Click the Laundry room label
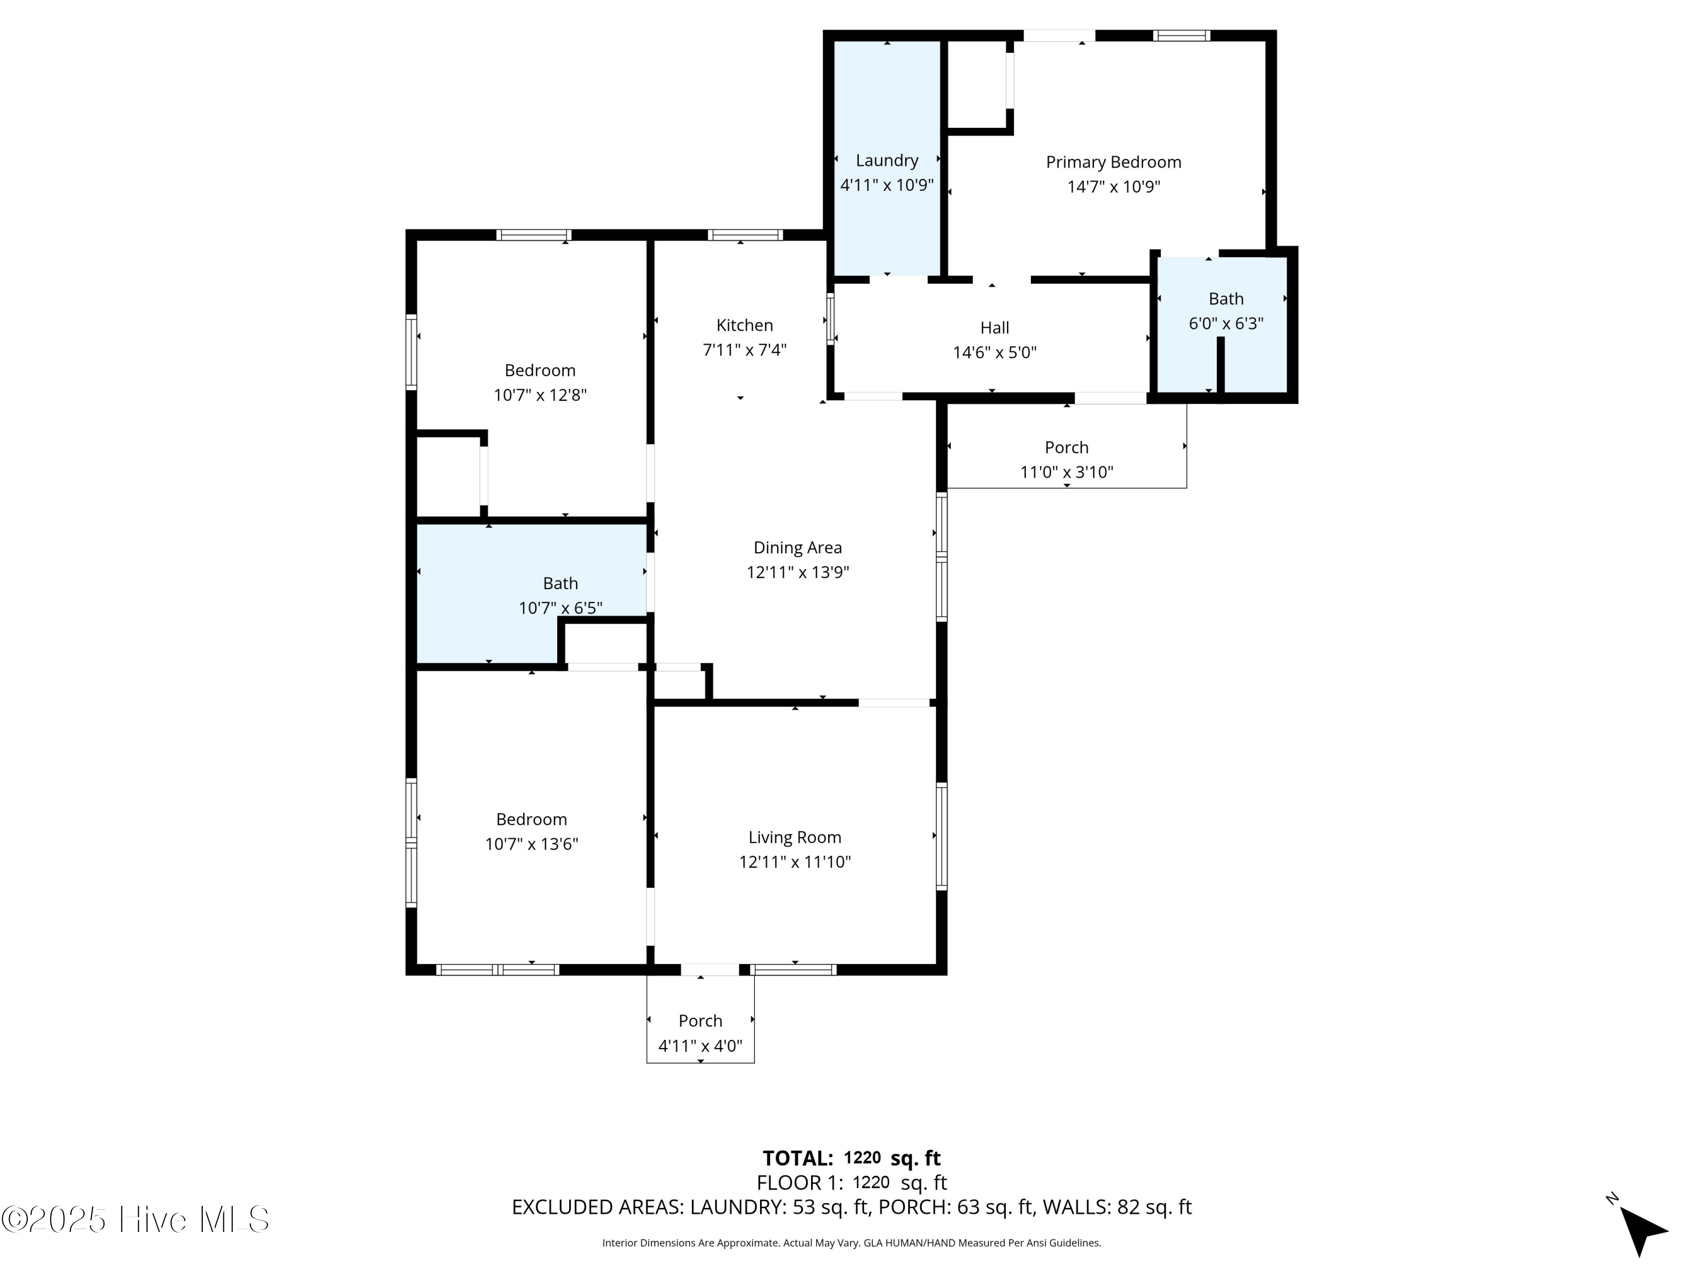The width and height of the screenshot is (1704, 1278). coord(887,160)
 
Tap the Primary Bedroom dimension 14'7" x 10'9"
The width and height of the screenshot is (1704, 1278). coord(1113,186)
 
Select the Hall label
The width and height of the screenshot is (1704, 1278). coord(995,327)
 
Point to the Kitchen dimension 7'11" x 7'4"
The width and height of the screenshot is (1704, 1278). coord(744,350)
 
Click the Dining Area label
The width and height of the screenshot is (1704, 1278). coord(797,548)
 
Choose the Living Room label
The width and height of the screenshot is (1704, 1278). coord(794,837)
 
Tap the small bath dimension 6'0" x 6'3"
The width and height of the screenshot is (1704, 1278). coord(1226,324)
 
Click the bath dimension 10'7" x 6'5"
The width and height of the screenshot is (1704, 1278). coord(560,608)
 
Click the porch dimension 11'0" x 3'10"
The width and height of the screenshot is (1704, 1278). coord(1066,472)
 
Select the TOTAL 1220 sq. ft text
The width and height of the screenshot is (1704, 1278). coord(851,1158)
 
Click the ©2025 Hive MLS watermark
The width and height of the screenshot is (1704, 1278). coord(136,1219)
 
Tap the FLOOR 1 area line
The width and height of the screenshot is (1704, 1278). coord(851,1183)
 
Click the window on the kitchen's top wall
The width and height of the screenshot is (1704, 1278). coord(745,235)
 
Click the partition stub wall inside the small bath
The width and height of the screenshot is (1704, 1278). coord(1220,365)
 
